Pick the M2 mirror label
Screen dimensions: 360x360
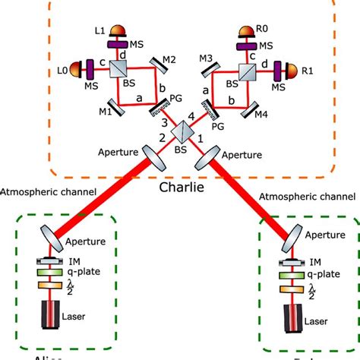click(171, 60)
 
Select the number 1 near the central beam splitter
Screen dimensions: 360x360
click(200, 139)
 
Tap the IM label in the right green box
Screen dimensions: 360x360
click(314, 263)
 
